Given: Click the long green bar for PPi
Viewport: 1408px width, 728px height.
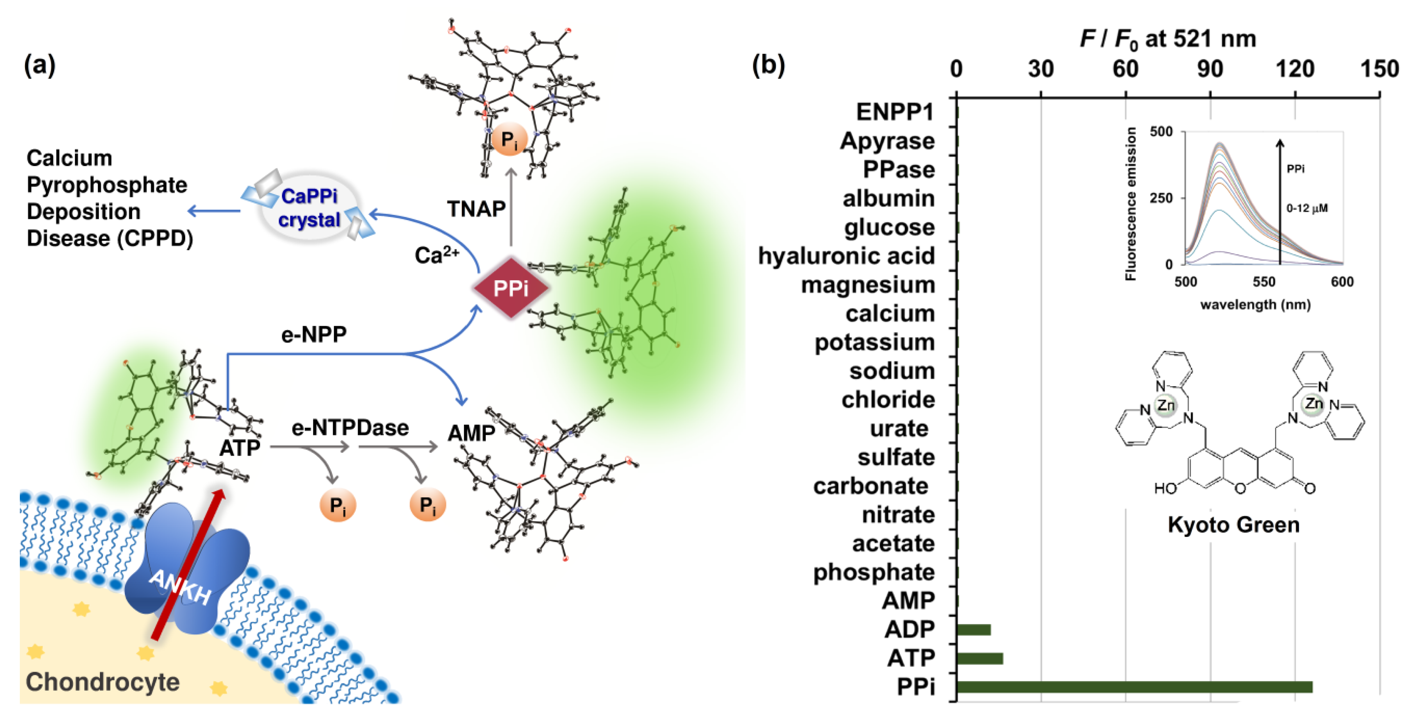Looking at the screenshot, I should point(1134,686).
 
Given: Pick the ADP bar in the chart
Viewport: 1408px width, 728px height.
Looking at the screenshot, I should point(973,630).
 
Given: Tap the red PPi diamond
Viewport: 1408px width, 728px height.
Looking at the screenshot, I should point(511,288).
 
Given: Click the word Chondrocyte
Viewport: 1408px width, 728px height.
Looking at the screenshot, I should point(103,682).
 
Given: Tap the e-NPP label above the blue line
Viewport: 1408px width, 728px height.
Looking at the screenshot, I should point(314,334).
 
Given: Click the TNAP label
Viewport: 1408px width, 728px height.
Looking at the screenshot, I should point(476,209).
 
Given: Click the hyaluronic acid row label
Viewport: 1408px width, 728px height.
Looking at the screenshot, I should point(846,256).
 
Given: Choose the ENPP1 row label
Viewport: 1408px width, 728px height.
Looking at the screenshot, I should point(895,112).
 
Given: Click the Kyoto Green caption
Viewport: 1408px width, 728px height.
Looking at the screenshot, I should point(1234,525).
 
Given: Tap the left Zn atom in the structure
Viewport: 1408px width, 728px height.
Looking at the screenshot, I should point(1165,405).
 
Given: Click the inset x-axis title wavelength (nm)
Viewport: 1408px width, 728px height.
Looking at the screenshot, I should point(1255,305).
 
